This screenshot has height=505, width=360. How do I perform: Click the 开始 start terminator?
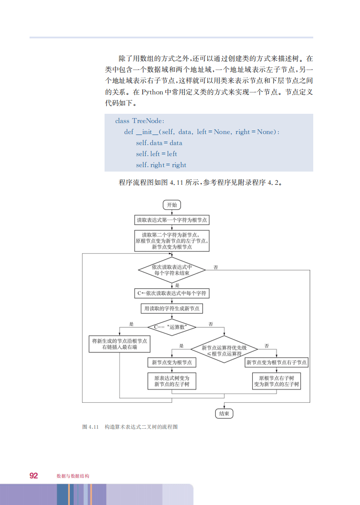pyautogui.click(x=172, y=205)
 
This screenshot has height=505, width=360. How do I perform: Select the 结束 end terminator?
pyautogui.click(x=224, y=413)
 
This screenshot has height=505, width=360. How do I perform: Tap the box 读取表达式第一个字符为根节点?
pyautogui.click(x=172, y=220)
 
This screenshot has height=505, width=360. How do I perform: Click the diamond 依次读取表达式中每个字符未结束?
pyautogui.click(x=172, y=270)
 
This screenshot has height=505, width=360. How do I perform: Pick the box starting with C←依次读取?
pyautogui.click(x=172, y=293)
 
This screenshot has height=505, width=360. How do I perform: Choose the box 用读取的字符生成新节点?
pyautogui.click(x=172, y=309)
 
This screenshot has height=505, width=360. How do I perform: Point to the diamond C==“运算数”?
pyautogui.click(x=172, y=327)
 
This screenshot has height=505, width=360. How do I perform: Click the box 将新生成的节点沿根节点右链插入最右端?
pyautogui.click(x=120, y=344)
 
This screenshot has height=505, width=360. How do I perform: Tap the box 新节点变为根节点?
pyautogui.click(x=172, y=363)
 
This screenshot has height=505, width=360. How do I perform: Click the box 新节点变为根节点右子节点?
pyautogui.click(x=277, y=363)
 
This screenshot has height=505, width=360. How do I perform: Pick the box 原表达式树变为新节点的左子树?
pyautogui.click(x=172, y=381)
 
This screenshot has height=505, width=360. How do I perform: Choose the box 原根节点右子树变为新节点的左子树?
pyautogui.click(x=277, y=381)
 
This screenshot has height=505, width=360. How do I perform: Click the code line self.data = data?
pyautogui.click(x=159, y=143)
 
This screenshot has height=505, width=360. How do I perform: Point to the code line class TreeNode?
pyautogui.click(x=139, y=121)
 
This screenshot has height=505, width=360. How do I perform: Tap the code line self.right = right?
pyautogui.click(x=161, y=165)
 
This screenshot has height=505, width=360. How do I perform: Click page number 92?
pyautogui.click(x=34, y=475)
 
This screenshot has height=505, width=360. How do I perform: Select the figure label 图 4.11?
pyautogui.click(x=90, y=427)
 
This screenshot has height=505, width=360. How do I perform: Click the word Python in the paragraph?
pyautogui.click(x=152, y=93)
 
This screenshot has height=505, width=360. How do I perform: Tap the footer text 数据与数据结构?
pyautogui.click(x=73, y=476)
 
